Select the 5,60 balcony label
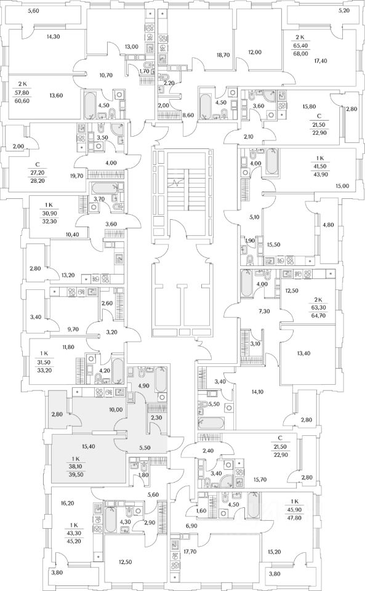point(33,11)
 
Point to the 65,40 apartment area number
point(300,46)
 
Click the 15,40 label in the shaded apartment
point(88,446)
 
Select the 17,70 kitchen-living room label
point(191,541)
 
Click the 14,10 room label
point(257,392)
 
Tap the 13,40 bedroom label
point(304,353)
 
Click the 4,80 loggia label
point(328,225)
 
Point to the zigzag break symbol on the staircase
point(176,184)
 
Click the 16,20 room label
point(68,503)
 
